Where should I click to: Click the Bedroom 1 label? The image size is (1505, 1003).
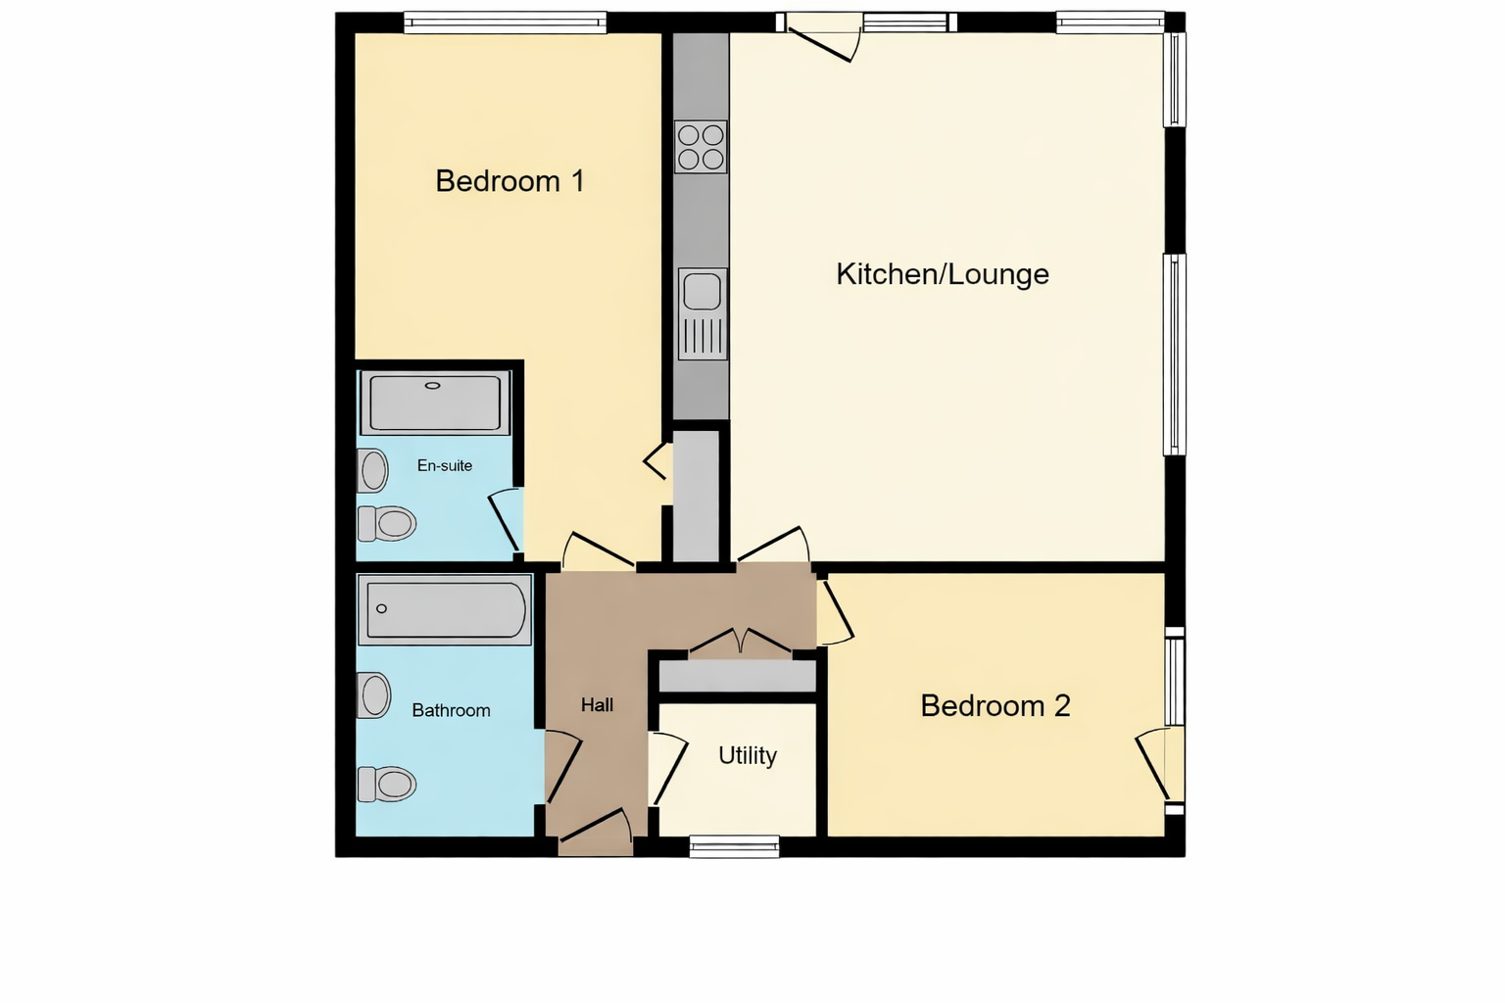[510, 181]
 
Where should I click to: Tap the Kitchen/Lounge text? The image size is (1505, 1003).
[943, 274]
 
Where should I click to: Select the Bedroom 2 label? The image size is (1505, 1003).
[995, 706]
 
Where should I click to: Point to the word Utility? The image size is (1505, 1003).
[748, 755]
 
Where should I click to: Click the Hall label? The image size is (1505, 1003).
[597, 704]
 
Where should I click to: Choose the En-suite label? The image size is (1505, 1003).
[445, 465]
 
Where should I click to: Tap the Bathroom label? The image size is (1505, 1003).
[451, 710]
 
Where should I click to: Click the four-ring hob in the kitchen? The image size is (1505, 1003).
[701, 147]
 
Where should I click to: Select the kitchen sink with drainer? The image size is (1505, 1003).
[703, 313]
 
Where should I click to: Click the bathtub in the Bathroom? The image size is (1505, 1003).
[446, 609]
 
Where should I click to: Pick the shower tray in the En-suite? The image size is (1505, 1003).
[435, 402]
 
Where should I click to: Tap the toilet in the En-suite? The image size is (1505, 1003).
[387, 524]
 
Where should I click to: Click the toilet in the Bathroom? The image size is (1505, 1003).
[387, 785]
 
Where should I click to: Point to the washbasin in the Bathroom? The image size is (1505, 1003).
[373, 695]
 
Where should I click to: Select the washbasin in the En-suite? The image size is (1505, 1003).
[372, 471]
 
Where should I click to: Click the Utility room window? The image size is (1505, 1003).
[735, 846]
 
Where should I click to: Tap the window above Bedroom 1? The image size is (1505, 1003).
[505, 22]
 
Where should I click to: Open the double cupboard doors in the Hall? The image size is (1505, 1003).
[741, 642]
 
